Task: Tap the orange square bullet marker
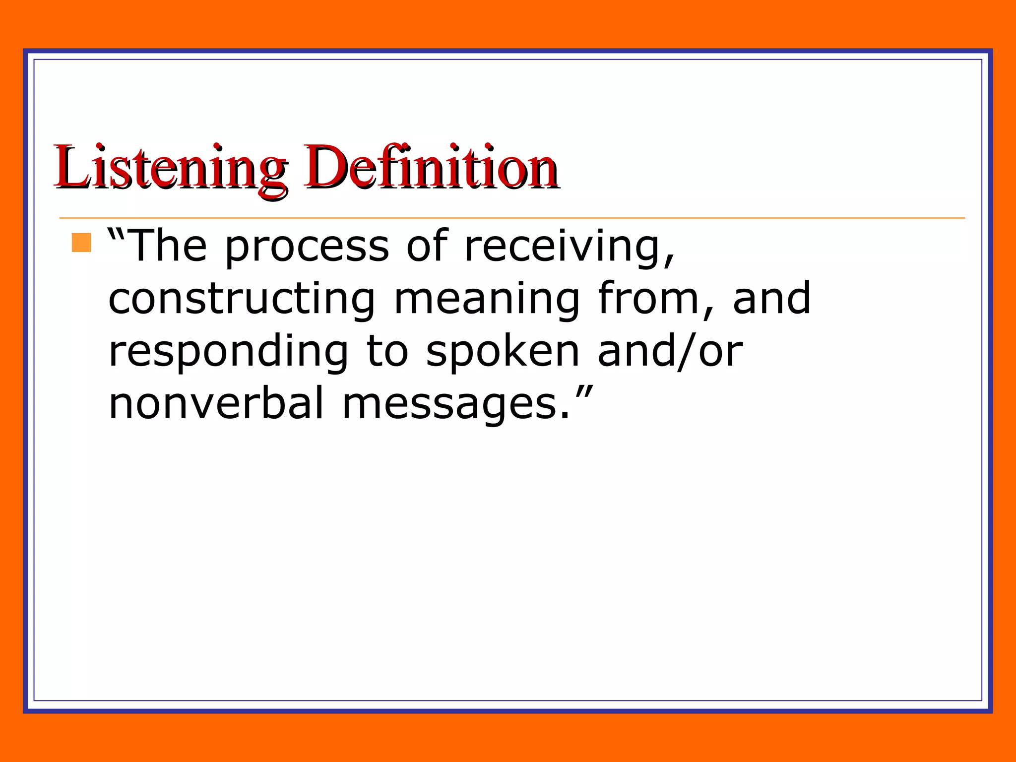point(81,243)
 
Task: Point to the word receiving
point(564,247)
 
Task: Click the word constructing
point(242,299)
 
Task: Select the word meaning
point(487,299)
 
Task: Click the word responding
point(229,352)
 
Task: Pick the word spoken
point(503,352)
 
